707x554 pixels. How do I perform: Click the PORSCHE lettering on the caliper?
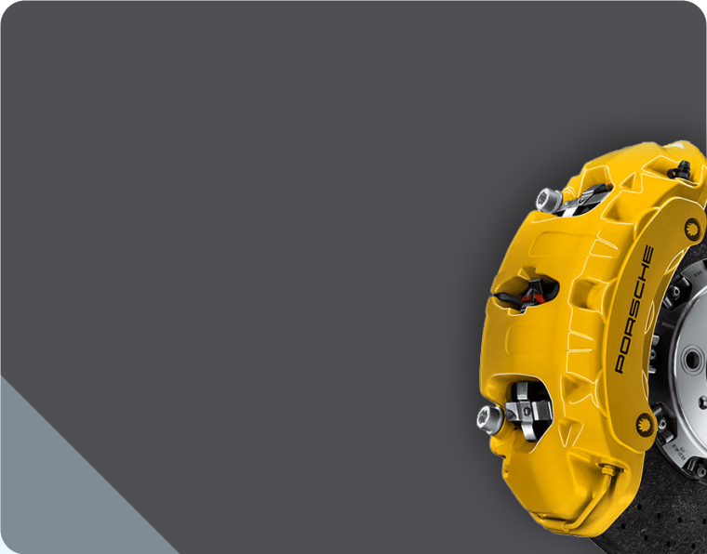(x=634, y=310)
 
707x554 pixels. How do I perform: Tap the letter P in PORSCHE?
(x=620, y=365)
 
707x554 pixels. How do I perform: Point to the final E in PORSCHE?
(x=648, y=254)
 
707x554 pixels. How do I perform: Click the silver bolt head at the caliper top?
(x=549, y=200)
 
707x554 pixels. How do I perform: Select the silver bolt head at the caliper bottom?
(x=490, y=420)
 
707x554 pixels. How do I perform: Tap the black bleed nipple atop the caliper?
(x=680, y=170)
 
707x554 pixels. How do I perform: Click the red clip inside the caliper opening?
(x=533, y=297)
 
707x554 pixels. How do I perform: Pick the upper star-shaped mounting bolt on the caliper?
(x=692, y=230)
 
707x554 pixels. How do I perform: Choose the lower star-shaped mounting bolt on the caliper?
(x=644, y=424)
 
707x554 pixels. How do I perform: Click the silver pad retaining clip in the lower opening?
(x=528, y=410)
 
